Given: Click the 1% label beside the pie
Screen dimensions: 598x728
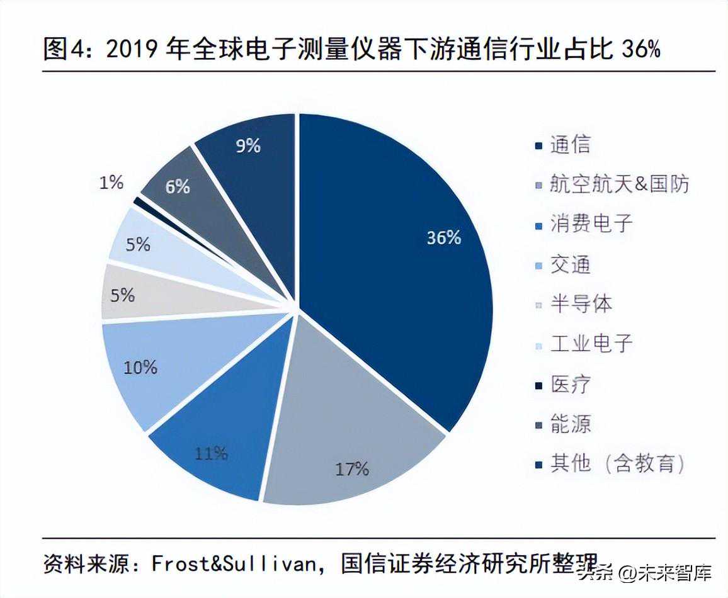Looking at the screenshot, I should (x=111, y=183).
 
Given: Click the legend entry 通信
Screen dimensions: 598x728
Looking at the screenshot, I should (x=570, y=145).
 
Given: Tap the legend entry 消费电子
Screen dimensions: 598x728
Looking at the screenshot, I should (x=591, y=223).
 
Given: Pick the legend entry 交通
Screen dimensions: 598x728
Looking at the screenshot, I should (x=570, y=264).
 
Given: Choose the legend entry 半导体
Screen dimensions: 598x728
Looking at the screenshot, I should (x=581, y=304).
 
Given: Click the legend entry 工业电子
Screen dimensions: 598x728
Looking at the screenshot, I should (x=591, y=344).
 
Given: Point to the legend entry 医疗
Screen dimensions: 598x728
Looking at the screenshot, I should (x=570, y=383).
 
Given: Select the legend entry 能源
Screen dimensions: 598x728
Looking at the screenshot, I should (x=570, y=424).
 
